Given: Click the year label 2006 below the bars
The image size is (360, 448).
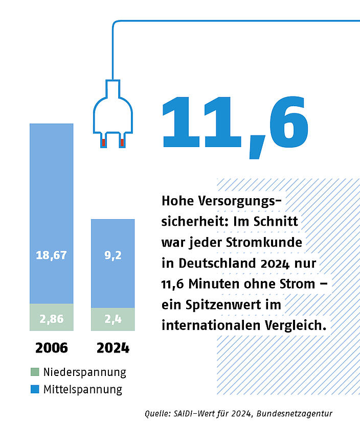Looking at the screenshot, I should click(x=51, y=348).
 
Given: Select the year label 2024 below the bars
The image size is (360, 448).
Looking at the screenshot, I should click(x=113, y=348).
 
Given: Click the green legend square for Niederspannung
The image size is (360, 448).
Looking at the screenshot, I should click(x=34, y=372).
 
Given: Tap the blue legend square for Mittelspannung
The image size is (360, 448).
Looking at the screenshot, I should click(x=34, y=389).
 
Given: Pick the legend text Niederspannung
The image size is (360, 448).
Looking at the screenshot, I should click(x=84, y=372).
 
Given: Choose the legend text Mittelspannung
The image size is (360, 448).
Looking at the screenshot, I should click(x=83, y=389).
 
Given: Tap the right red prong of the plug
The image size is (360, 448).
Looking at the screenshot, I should click(x=122, y=142).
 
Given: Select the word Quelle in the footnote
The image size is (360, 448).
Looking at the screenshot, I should click(x=159, y=413).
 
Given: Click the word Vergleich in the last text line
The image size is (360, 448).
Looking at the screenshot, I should click(x=297, y=325).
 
